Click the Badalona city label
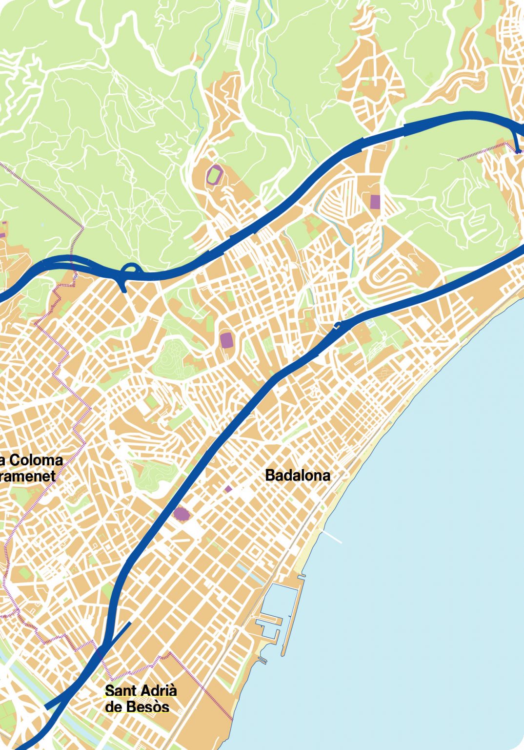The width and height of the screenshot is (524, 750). (x=298, y=475)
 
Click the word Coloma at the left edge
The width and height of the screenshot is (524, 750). (x=36, y=460)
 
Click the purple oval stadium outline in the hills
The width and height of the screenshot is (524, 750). (x=214, y=174)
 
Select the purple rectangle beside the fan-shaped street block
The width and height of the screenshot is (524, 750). (x=375, y=202)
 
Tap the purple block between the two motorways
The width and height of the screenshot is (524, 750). (x=226, y=340)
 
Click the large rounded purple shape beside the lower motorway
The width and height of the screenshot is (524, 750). (x=181, y=514)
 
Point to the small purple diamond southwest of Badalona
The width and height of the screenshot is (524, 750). (x=228, y=489)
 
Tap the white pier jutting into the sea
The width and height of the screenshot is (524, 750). (x=332, y=537)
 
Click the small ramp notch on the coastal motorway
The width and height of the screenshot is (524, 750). (x=337, y=326)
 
